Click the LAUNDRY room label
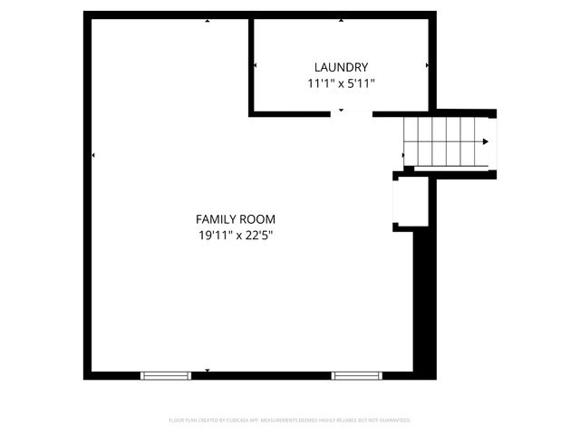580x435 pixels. [x=341, y=66]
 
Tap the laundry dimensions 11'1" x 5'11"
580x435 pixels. [x=341, y=82]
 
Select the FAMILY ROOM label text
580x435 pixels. [x=236, y=218]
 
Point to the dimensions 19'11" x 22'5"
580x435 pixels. [x=236, y=236]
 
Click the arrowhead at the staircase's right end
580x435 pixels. [x=487, y=141]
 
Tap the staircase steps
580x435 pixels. [x=444, y=141]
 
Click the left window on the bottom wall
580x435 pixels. [x=166, y=373]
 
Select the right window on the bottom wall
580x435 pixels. [x=356, y=373]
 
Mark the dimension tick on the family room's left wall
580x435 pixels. [x=93, y=156]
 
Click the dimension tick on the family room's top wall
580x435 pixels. [x=208, y=19]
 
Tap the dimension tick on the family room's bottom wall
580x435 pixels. [x=208, y=371]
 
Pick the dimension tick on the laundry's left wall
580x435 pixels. [x=256, y=65]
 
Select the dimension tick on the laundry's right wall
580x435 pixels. [x=427, y=65]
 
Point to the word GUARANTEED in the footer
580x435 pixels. [x=394, y=420]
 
